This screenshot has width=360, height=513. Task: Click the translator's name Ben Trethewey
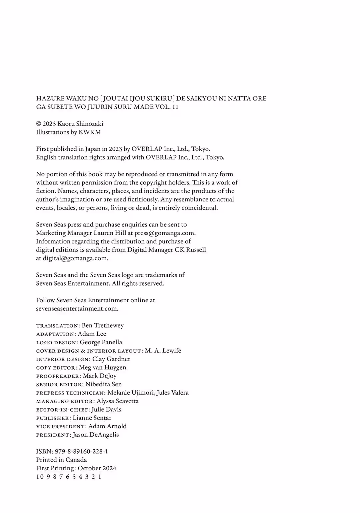(x=103, y=325)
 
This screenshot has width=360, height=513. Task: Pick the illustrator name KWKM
(x=90, y=132)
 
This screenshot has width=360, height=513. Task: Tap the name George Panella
(x=101, y=342)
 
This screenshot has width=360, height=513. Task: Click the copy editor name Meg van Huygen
(x=103, y=367)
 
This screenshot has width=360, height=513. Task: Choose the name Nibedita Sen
(x=104, y=384)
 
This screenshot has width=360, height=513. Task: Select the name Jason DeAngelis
(x=96, y=435)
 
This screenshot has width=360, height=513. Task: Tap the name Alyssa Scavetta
(x=118, y=401)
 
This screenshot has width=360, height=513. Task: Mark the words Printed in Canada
(x=61, y=460)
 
